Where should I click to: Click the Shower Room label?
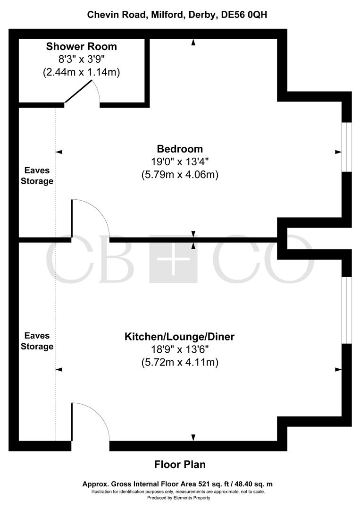point(81,47)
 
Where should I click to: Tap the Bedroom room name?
point(180,149)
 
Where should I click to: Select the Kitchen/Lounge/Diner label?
point(179,337)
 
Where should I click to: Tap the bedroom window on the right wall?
point(347,147)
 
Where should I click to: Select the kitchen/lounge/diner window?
point(347,310)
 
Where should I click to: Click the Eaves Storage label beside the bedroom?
point(39,176)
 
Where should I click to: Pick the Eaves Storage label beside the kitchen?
point(39,341)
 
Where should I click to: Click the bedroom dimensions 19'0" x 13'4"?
point(180,162)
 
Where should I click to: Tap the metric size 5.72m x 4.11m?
point(180,363)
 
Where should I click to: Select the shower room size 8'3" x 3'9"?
point(81,60)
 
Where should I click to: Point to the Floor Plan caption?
point(180,464)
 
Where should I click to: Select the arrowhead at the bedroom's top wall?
point(193,43)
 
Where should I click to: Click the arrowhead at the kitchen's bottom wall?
point(193,437)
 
